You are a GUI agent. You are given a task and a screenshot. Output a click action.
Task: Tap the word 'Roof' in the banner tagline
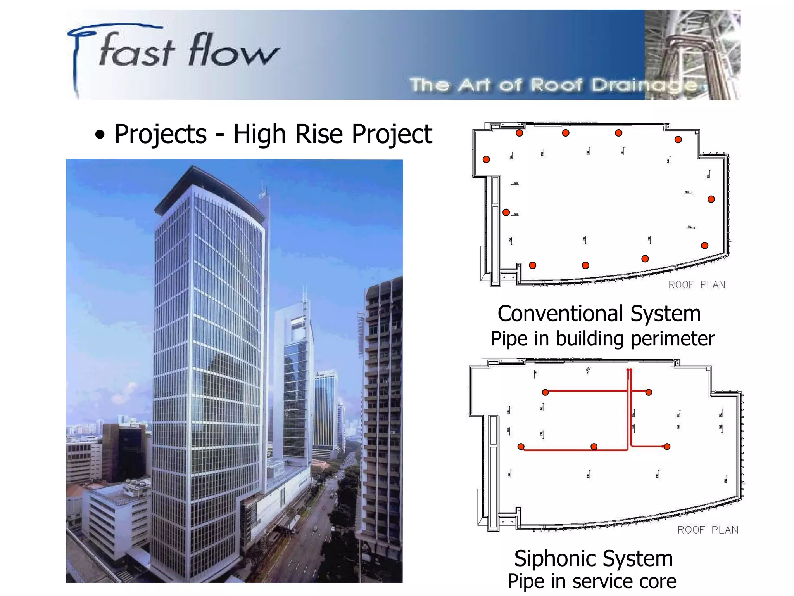click(557, 85)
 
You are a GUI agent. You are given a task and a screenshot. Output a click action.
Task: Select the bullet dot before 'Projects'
click(100, 135)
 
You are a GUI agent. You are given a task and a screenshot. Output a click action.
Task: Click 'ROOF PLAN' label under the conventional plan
click(696, 285)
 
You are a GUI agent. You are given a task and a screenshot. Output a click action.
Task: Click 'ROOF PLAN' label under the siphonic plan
click(708, 530)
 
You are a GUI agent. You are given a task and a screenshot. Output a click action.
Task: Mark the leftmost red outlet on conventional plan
click(486, 159)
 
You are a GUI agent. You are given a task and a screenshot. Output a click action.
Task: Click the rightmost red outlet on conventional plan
click(711, 199)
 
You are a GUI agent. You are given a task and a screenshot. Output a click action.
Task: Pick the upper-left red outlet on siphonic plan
click(545, 392)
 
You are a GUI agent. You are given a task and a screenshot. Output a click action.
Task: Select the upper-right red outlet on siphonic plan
click(649, 392)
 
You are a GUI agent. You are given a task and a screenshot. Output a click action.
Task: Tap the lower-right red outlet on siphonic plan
click(667, 447)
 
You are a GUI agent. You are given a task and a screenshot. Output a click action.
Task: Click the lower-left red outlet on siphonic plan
click(521, 447)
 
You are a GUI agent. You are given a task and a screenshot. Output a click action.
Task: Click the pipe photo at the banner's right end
click(692, 54)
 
